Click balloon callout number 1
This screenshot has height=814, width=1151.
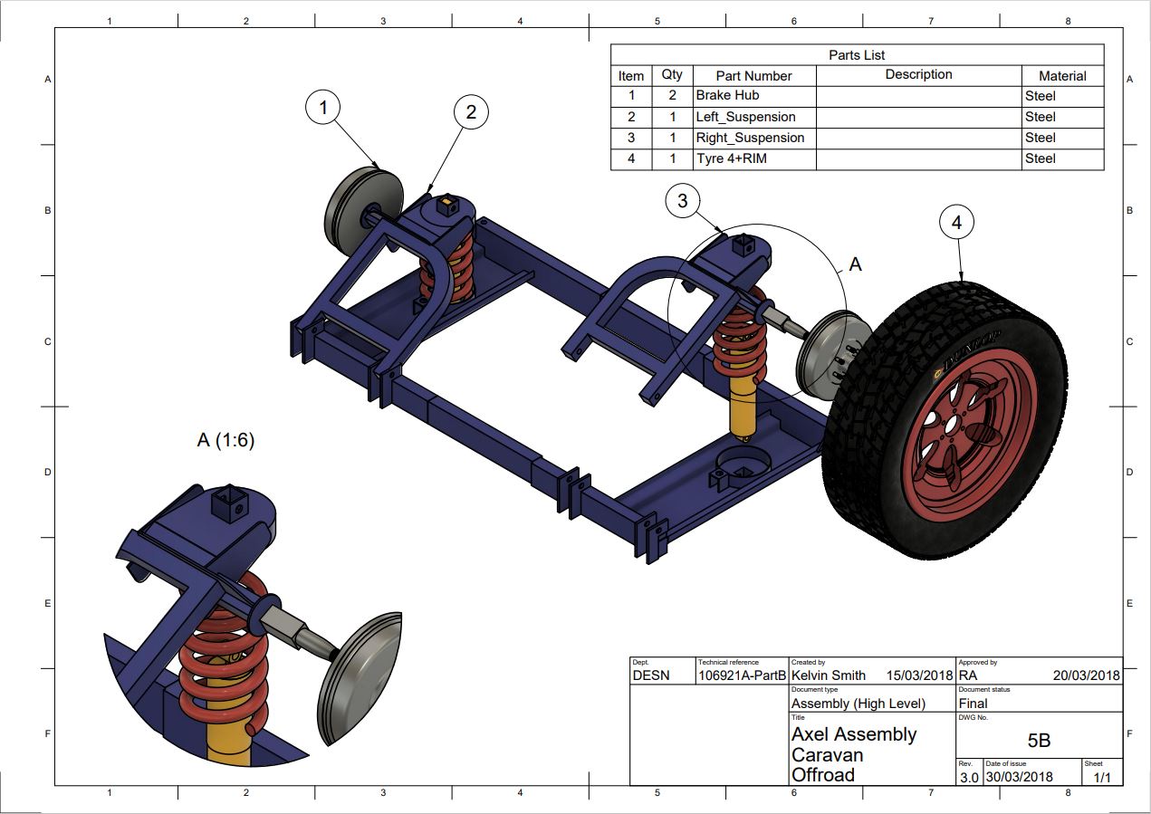point(323,109)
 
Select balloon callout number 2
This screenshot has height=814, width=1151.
point(471,112)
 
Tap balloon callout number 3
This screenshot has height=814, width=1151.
point(683,201)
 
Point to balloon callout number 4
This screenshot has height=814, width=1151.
point(957,222)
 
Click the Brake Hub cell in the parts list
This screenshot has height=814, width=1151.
point(727,95)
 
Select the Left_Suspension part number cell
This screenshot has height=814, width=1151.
point(745,117)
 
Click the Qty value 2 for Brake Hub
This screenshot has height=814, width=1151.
point(672,95)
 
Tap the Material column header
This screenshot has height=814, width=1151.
point(1062,76)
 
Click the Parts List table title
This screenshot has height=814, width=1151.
point(857,55)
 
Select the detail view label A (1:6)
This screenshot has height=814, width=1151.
point(225,440)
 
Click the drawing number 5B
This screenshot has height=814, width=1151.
point(1039,740)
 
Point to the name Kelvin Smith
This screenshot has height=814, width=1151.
point(829,675)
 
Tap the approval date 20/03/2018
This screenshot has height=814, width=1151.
point(1086,675)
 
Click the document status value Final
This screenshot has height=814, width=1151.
point(974,704)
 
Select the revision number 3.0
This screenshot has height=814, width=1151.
point(968,777)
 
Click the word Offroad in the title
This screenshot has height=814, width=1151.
point(823,775)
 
